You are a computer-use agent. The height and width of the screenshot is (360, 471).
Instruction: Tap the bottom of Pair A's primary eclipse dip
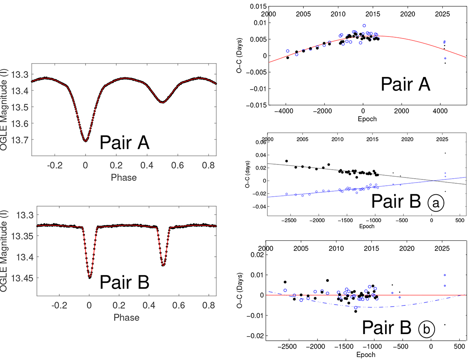click(86, 141)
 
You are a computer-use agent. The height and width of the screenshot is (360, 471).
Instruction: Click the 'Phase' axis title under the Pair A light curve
click(124, 177)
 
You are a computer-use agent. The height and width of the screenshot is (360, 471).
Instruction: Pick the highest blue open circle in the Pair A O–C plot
click(364, 26)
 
